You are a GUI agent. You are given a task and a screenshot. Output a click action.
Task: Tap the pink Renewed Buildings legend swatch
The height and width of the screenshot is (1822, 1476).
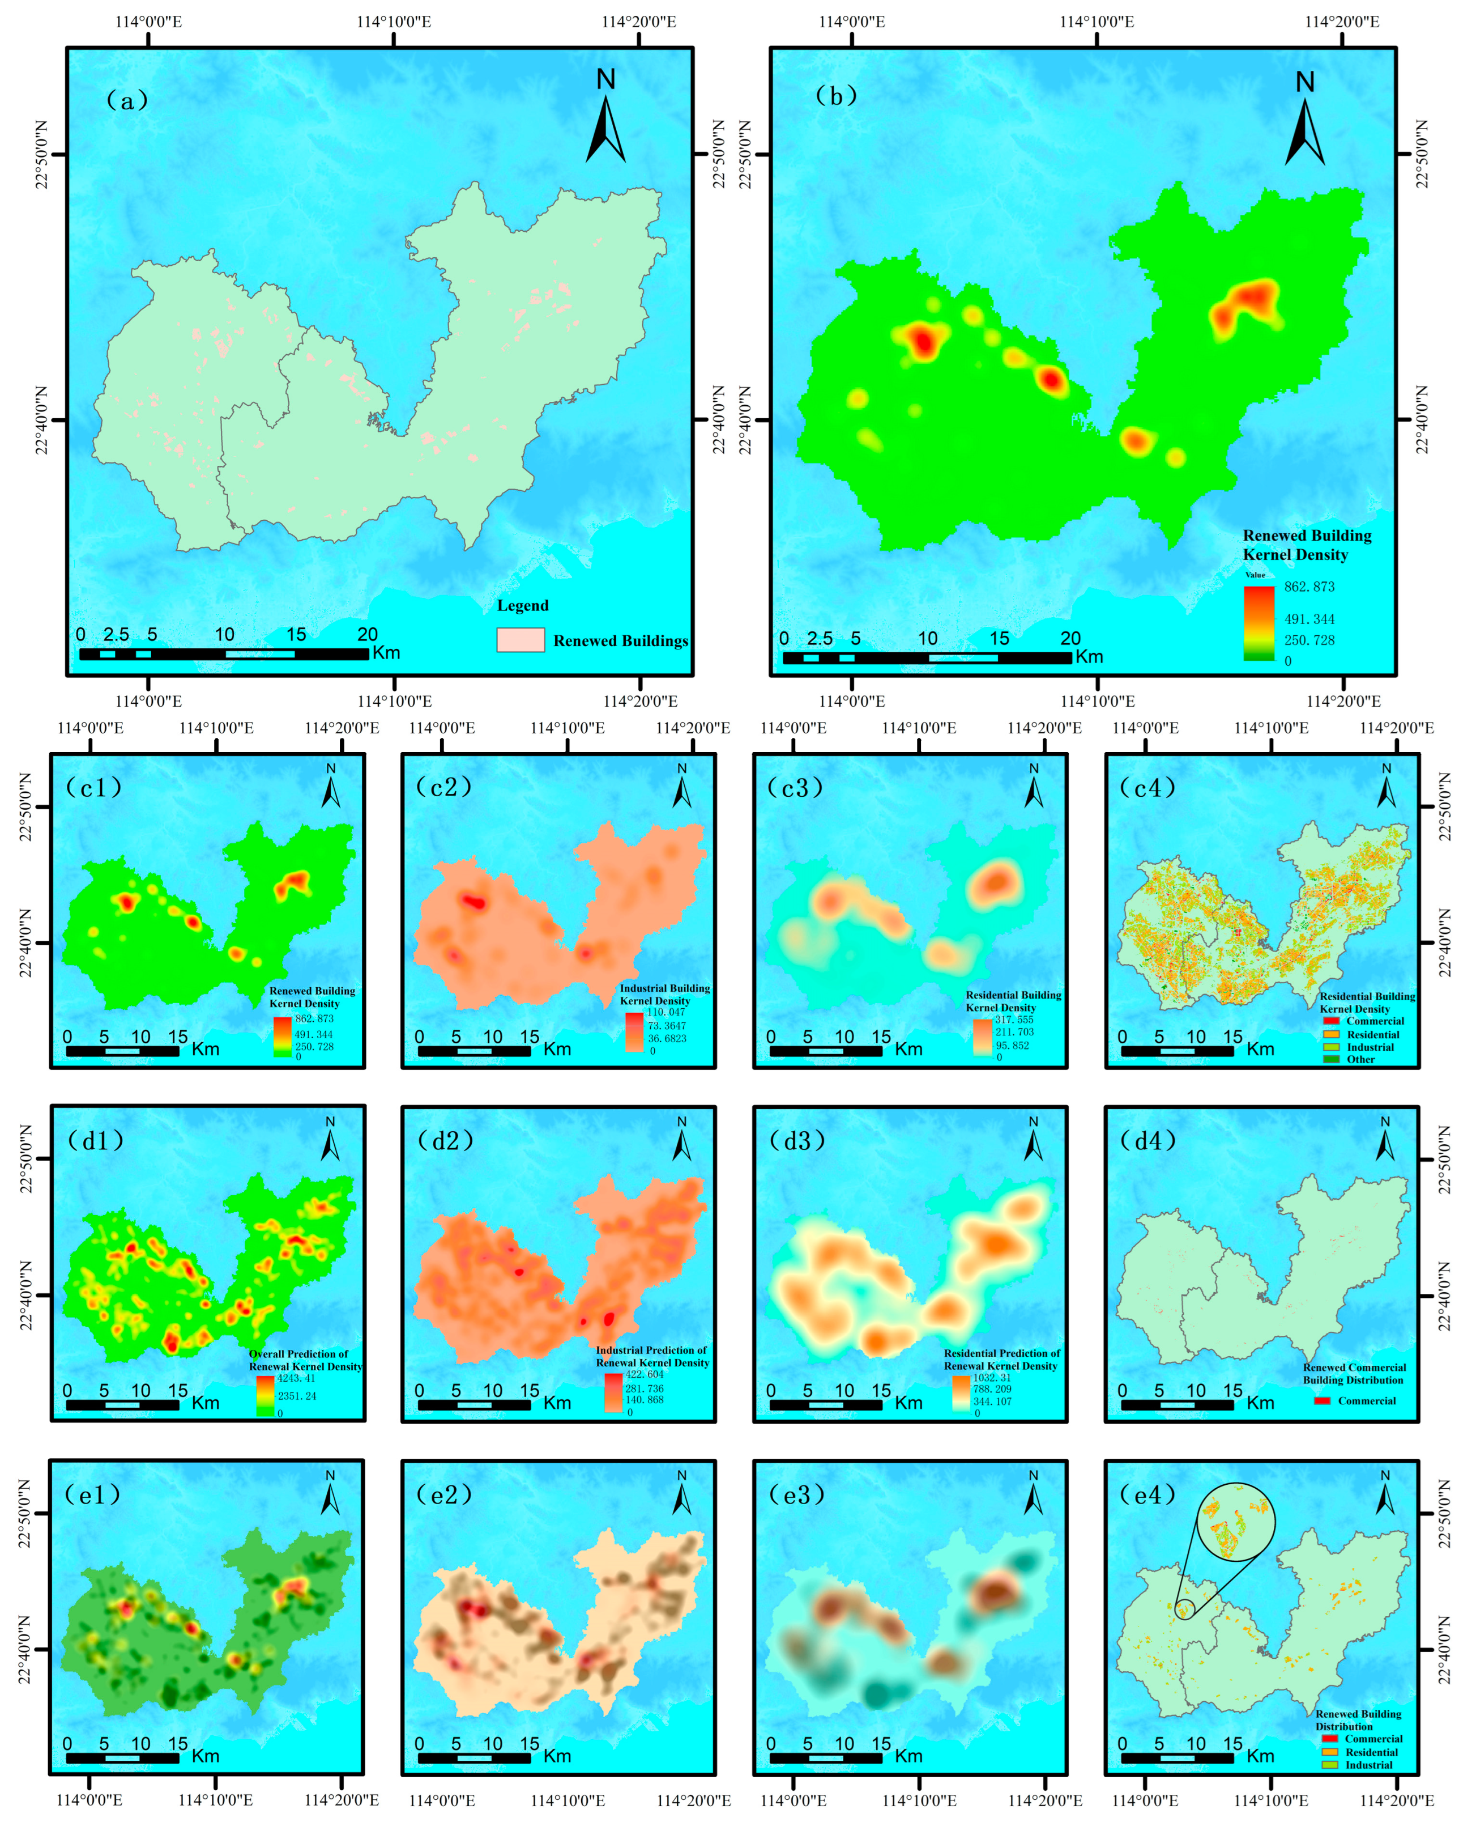click(x=521, y=640)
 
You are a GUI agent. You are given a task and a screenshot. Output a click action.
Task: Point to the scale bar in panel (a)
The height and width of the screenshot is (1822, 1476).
click(x=224, y=654)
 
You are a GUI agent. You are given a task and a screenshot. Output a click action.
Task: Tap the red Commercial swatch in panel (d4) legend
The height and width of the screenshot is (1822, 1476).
click(x=1321, y=1400)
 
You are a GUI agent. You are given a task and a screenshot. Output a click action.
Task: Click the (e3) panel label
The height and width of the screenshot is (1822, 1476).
click(x=796, y=1494)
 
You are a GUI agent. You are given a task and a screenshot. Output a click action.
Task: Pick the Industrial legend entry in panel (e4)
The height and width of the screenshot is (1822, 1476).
click(x=1368, y=1764)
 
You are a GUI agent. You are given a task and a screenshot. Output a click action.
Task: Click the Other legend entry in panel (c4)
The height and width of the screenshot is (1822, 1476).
click(x=1360, y=1059)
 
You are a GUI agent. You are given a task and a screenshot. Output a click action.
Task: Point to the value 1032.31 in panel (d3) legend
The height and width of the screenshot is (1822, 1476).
click(x=992, y=1377)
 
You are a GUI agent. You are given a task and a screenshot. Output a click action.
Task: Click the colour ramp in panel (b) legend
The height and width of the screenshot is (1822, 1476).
click(x=1259, y=623)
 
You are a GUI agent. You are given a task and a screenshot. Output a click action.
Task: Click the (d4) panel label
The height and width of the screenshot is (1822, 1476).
click(x=1148, y=1141)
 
